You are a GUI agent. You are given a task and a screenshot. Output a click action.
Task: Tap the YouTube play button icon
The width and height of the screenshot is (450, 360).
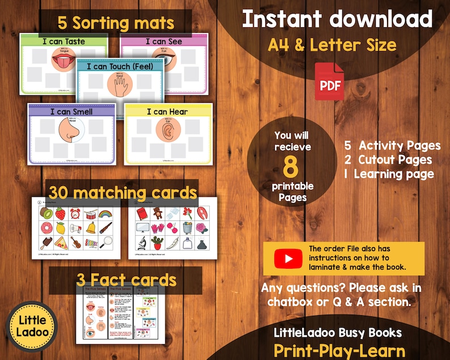tap(288, 259)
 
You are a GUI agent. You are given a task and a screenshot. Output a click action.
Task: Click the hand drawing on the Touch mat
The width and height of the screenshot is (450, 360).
tap(120, 86)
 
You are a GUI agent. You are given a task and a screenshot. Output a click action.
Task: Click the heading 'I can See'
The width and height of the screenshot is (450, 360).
tap(164, 41)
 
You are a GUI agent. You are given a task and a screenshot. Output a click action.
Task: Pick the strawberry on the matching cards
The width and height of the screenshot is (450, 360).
tap(60, 214)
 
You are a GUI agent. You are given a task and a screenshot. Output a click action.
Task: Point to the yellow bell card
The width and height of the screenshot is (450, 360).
tap(91, 228)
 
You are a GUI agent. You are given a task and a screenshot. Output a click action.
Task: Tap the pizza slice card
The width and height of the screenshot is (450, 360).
tap(60, 244)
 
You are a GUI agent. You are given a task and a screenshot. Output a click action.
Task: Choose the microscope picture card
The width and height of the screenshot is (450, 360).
tap(141, 243)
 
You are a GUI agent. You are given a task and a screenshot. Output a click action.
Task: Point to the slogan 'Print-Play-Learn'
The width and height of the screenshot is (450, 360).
tap(339, 350)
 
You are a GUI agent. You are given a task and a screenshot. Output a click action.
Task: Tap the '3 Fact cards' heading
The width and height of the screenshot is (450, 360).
tap(125, 280)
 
